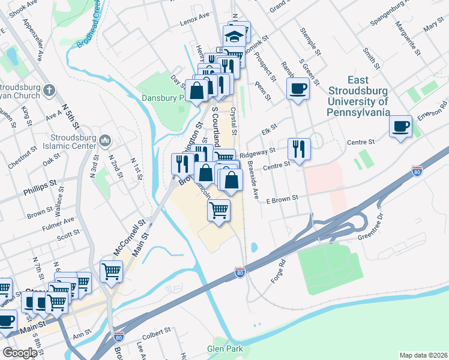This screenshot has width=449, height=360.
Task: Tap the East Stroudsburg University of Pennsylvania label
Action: tap(359, 96)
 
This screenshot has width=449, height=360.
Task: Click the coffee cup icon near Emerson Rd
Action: tap(400, 127)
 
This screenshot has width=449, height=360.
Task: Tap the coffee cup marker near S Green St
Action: tap(298, 90)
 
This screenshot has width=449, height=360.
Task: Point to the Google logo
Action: tap(20, 353)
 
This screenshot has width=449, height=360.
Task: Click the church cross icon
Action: tap(49, 91)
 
